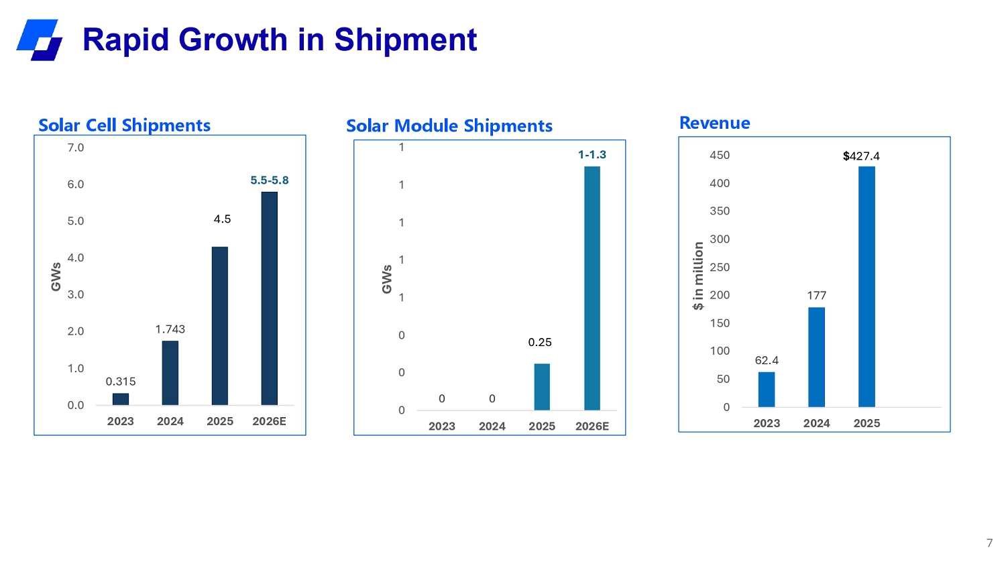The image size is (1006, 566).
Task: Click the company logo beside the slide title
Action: [x=40, y=40]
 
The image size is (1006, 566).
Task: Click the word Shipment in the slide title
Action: [x=405, y=40]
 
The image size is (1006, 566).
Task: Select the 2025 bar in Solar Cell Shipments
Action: [x=220, y=326]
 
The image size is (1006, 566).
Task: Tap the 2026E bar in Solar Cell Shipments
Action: [x=270, y=298]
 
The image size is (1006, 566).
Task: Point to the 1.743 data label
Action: [x=170, y=329]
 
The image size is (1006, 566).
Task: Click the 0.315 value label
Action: [x=121, y=382]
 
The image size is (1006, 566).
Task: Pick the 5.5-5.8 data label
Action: [x=270, y=180]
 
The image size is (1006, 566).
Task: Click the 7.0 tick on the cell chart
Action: [x=76, y=148]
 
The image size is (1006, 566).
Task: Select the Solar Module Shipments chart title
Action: [x=449, y=126]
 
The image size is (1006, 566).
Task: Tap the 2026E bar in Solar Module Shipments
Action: [x=592, y=288]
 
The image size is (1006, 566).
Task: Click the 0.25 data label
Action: [x=540, y=343]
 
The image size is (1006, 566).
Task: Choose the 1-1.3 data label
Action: [x=592, y=155]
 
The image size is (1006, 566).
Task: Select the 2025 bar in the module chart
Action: [x=542, y=387]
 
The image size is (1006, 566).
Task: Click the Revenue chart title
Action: [x=715, y=123]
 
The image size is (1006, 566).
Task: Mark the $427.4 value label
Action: [x=861, y=156]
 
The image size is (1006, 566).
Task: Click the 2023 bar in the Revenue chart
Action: [x=767, y=390]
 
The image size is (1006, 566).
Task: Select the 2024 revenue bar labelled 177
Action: [x=817, y=357]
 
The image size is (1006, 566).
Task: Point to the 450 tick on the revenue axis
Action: [x=720, y=155]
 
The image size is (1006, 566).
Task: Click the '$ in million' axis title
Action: [x=698, y=276]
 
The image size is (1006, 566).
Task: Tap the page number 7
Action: [x=989, y=543]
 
